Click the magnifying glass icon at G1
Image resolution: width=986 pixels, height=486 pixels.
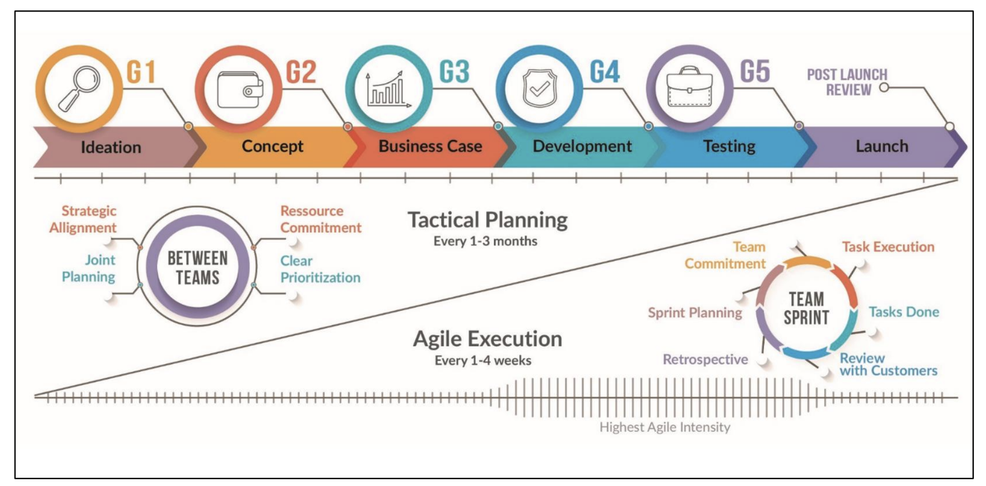coord(79,88)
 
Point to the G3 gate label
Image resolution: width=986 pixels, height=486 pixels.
coord(454,72)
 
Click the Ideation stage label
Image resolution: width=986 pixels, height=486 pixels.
coord(111,147)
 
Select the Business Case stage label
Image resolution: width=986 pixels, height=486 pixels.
coord(430,146)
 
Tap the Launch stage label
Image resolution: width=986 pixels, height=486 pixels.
coord(881,146)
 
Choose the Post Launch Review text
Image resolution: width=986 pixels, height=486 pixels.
coord(847,82)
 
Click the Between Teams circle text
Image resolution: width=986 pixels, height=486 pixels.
coord(197,268)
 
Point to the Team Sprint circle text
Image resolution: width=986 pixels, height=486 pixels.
coord(806,308)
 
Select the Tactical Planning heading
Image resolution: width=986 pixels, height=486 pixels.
coord(487,220)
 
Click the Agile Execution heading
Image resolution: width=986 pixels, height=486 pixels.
coord(487,339)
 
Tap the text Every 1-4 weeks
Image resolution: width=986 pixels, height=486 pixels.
coord(483,360)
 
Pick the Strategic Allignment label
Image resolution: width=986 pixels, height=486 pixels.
coord(83,219)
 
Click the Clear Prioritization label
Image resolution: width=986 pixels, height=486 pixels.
coord(320,269)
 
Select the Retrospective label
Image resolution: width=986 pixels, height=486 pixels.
coord(705,359)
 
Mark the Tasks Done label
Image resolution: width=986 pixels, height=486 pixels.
coord(904,312)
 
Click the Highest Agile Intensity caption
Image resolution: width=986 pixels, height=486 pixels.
coord(665,427)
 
